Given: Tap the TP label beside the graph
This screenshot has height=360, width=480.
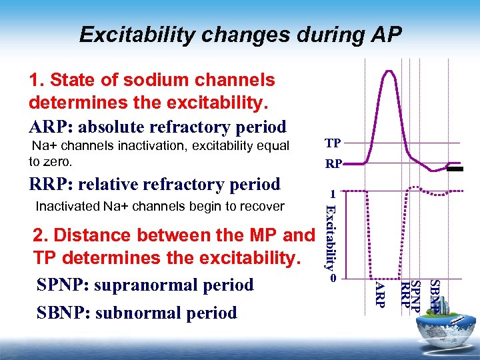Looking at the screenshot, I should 333,143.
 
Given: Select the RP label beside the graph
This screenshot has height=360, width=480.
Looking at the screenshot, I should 333,163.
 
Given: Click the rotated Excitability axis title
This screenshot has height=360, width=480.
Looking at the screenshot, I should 328,236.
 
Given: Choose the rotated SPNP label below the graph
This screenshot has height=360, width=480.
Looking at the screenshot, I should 416,295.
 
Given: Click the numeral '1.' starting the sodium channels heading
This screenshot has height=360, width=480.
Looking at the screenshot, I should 37,80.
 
